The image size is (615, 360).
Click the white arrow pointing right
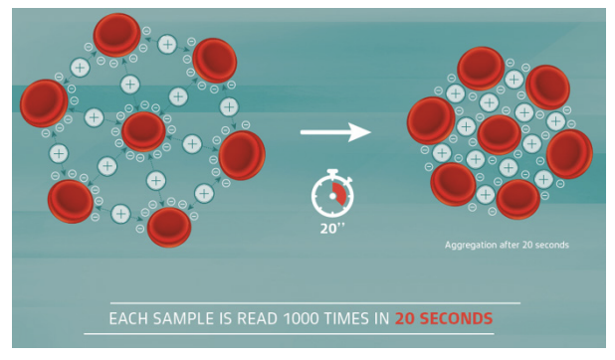click(335, 131)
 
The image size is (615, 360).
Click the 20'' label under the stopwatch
click(331, 227)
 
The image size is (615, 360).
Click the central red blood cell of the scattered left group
click(143, 131)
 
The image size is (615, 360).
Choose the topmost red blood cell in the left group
click(116, 34)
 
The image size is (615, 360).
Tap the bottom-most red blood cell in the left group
click(169, 227)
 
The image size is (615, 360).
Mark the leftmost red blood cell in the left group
click(43, 102)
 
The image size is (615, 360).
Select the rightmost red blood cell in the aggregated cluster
click(569, 153)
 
